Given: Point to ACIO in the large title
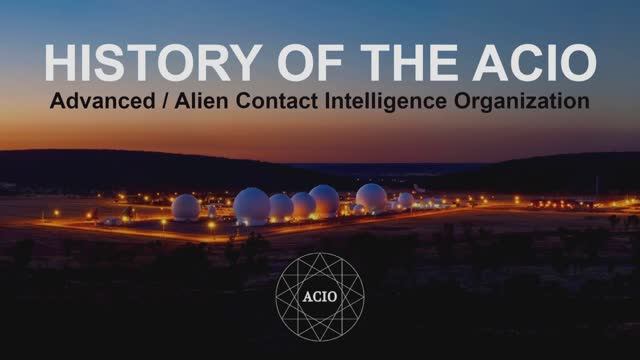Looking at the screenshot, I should click(x=540, y=64).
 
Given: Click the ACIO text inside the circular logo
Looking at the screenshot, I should click(x=319, y=295).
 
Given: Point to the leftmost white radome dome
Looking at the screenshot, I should click(x=185, y=207).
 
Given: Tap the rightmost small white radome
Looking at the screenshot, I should click(x=406, y=200).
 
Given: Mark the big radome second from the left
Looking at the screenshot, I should click(x=251, y=206).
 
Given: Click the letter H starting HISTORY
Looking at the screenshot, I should click(x=61, y=64).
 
